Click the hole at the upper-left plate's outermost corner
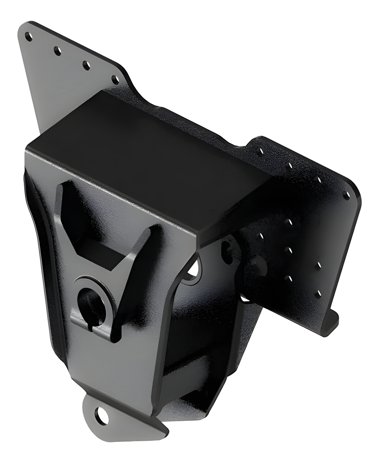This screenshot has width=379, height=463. click(x=28, y=36)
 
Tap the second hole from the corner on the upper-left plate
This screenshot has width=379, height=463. click(x=57, y=51)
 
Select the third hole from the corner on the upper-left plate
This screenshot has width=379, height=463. click(x=86, y=65)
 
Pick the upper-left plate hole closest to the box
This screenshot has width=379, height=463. click(x=115, y=80)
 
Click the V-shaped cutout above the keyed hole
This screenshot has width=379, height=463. click(x=101, y=235)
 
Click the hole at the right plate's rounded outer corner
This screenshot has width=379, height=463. click(x=346, y=195)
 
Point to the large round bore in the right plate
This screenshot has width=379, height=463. click(x=259, y=266)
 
